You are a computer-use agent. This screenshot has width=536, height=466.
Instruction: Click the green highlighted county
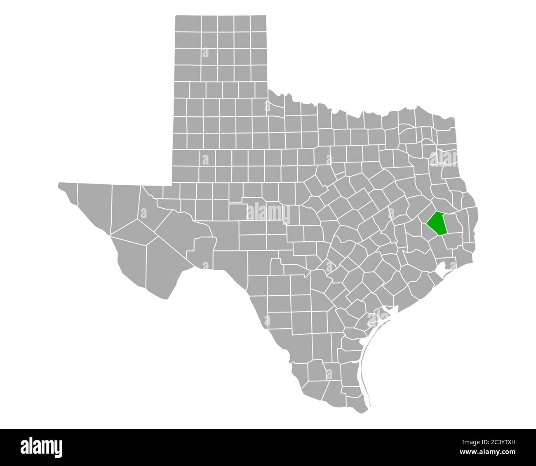436,223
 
